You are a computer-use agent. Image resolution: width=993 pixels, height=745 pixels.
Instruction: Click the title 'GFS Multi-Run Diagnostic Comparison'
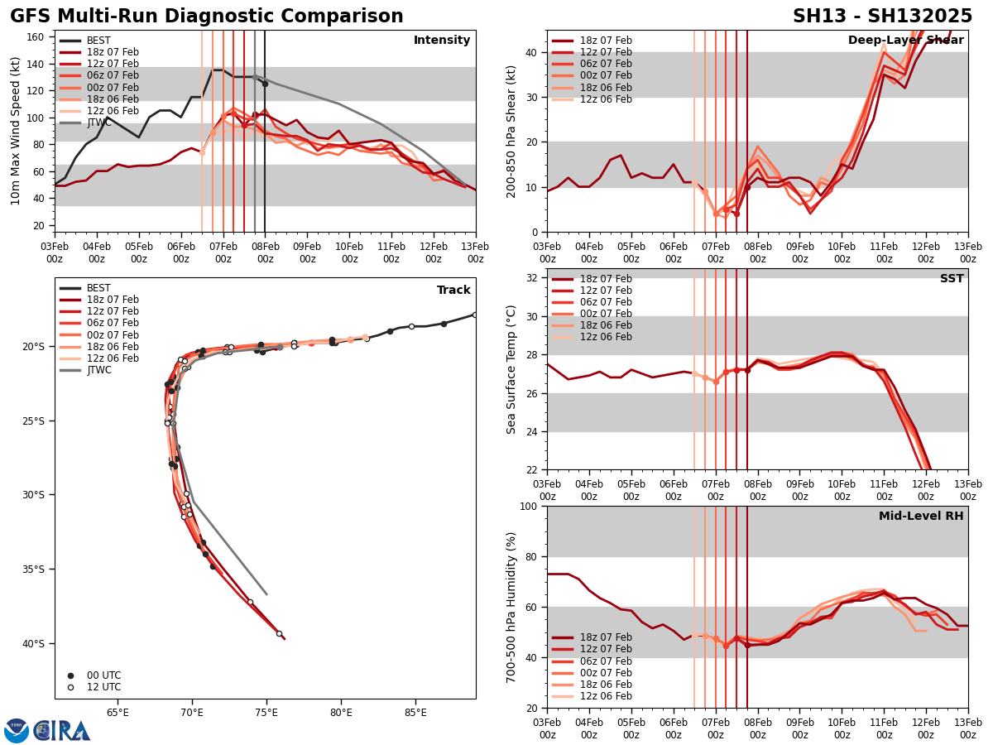(207, 17)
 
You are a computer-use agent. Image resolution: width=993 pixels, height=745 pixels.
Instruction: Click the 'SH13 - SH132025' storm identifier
(882, 17)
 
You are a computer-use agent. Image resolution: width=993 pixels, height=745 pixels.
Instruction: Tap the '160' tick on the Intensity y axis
(38, 37)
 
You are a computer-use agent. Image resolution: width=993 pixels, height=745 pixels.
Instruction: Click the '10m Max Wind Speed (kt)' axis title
(16, 131)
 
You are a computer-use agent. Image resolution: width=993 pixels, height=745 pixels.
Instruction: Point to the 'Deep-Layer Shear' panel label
(905, 41)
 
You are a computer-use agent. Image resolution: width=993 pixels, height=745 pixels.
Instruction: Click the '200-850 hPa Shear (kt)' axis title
(511, 131)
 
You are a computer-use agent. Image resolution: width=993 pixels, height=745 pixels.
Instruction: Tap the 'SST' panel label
(951, 279)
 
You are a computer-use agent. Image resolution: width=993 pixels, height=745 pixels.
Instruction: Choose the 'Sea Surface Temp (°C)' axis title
(511, 369)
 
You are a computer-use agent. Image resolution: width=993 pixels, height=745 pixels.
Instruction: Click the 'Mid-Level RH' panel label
(920, 517)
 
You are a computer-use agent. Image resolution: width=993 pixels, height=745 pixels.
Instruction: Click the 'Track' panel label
(453, 291)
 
